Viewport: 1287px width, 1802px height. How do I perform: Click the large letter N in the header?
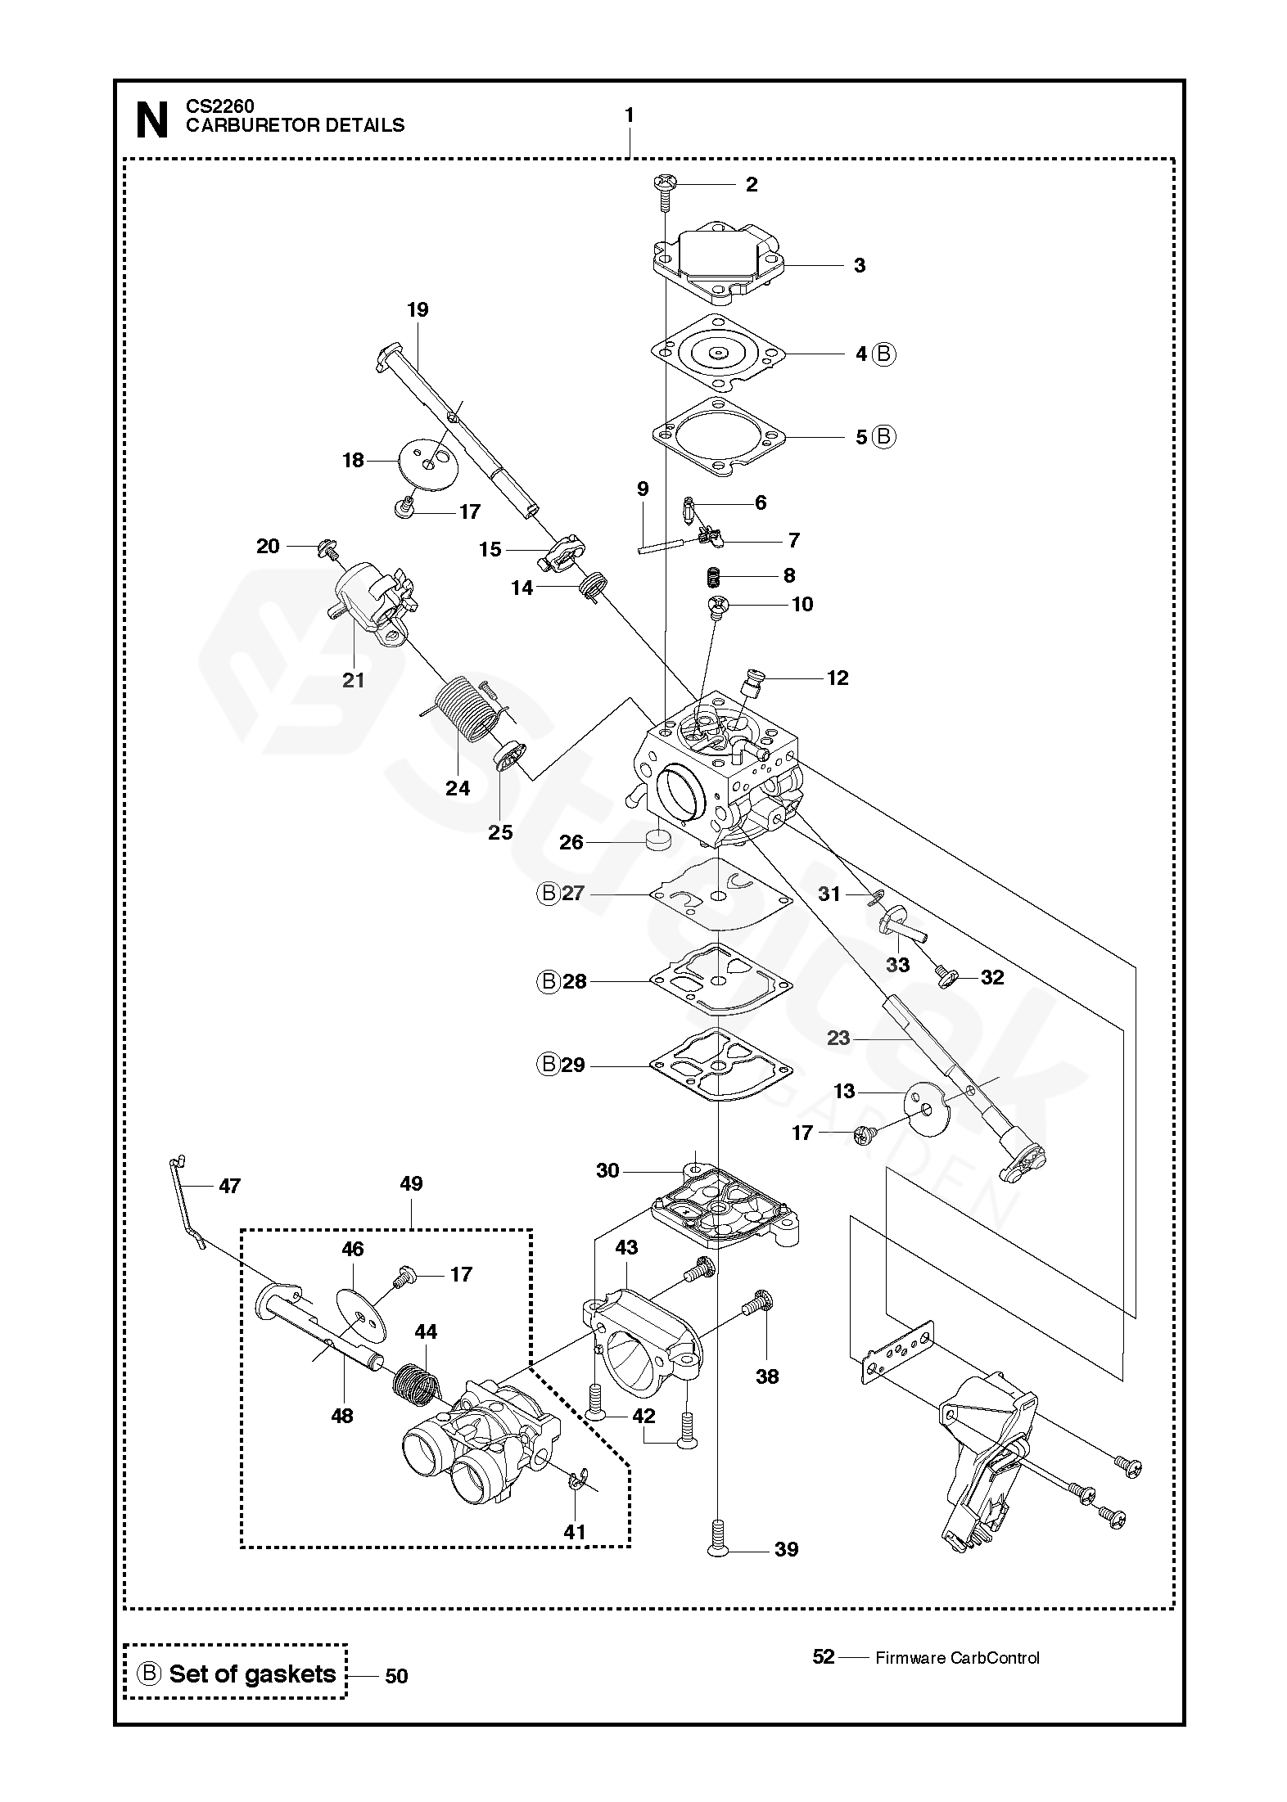[x=151, y=119]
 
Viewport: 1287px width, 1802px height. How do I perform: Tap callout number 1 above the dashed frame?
[x=629, y=116]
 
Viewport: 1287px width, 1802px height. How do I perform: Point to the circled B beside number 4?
[x=883, y=354]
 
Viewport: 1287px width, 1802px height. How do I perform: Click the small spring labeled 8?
[x=714, y=577]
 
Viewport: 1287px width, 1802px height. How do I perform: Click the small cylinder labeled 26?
[x=657, y=839]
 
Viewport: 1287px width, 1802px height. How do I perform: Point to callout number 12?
[x=838, y=678]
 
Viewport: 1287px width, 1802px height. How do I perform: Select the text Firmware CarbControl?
[x=957, y=1658]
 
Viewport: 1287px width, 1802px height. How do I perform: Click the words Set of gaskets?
[x=252, y=1674]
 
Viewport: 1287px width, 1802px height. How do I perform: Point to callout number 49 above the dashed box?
[x=411, y=1183]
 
